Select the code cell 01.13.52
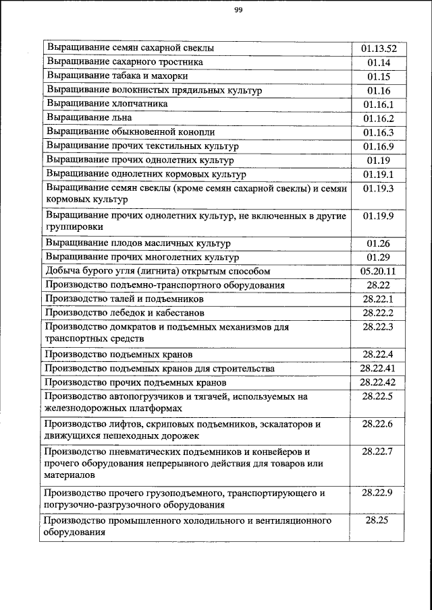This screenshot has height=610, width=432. pyautogui.click(x=379, y=49)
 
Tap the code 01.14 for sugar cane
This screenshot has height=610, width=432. pyautogui.click(x=379, y=63)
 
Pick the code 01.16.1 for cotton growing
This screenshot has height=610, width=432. pyautogui.click(x=379, y=104)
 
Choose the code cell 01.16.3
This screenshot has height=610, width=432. pyautogui.click(x=379, y=132)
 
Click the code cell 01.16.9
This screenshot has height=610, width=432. pyautogui.click(x=379, y=146)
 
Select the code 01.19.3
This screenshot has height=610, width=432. pyautogui.click(x=379, y=189)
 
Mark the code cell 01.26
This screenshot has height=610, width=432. pyautogui.click(x=379, y=243)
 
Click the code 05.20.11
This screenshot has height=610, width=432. pyautogui.click(x=379, y=271)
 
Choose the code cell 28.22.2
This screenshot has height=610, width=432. pyautogui.click(x=379, y=313)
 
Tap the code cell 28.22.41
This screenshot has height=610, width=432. pyautogui.click(x=379, y=369)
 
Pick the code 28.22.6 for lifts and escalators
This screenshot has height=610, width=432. pyautogui.click(x=379, y=424)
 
